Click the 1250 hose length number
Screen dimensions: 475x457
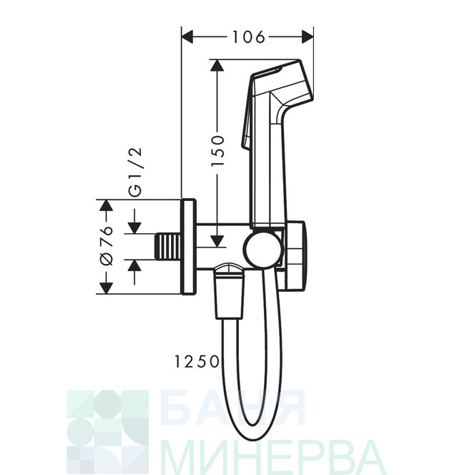tap(195, 362)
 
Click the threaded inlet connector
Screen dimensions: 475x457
tap(168, 245)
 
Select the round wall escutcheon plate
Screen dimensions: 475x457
tap(189, 245)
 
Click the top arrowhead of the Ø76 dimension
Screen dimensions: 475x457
tap(106, 206)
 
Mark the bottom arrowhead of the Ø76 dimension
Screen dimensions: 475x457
tap(106, 287)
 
